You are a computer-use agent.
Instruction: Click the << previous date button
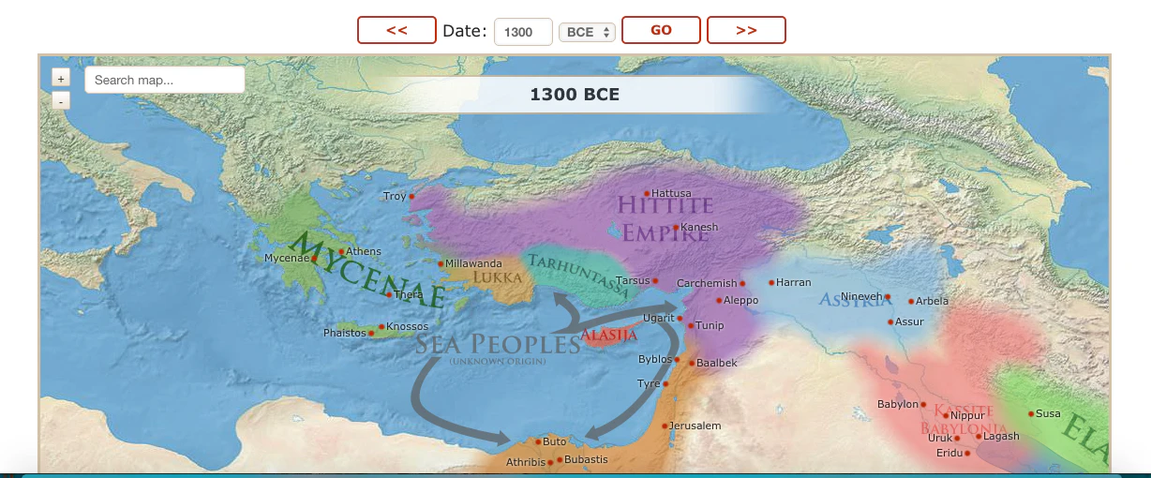click(396, 30)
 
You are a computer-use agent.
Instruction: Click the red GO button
click(661, 30)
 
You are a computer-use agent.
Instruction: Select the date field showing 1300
click(522, 32)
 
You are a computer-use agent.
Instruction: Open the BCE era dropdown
click(587, 32)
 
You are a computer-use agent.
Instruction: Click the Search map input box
click(164, 80)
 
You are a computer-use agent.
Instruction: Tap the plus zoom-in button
click(60, 79)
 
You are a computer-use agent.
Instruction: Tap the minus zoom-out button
click(60, 99)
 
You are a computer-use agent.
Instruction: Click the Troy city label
click(395, 196)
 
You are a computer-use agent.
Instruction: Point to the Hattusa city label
click(671, 193)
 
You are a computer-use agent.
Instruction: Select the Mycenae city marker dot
click(314, 259)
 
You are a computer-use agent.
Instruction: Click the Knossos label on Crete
click(407, 326)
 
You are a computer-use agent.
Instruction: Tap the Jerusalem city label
click(695, 426)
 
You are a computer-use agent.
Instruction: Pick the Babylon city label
click(897, 404)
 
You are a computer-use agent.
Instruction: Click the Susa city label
click(1048, 413)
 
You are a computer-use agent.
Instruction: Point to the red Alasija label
click(608, 335)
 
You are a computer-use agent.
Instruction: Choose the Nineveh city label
click(861, 296)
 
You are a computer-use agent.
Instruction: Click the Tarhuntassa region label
click(579, 275)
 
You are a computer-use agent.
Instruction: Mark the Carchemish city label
click(707, 283)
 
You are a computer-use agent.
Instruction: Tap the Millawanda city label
click(474, 263)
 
